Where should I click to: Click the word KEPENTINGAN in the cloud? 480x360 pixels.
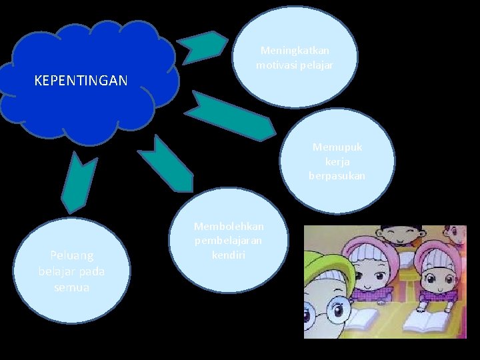point(81,81)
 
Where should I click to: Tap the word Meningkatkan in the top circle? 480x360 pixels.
point(295,51)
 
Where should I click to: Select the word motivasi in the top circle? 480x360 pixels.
point(275,65)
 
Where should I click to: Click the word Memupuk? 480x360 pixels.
point(337,147)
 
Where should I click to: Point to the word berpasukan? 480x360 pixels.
point(337,176)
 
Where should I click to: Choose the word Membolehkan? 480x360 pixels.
point(229,227)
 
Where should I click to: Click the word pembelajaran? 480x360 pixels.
point(229,240)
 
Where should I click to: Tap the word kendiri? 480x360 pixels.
point(229,254)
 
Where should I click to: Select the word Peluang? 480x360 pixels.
point(72,255)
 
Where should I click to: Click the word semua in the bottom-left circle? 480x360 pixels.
point(72,287)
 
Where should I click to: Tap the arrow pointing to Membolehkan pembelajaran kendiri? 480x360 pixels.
point(164,164)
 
